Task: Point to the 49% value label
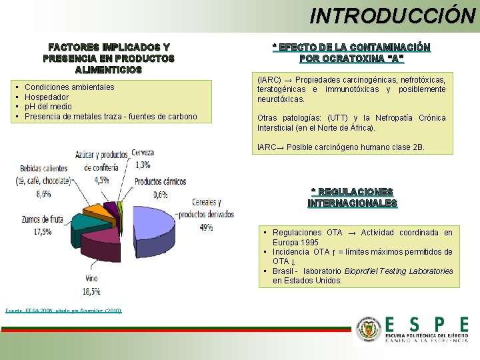point(206,227)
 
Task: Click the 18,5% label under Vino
point(91,291)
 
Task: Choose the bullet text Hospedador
point(47,97)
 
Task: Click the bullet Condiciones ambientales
point(69,87)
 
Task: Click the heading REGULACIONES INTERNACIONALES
point(352,197)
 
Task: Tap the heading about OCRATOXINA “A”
point(351,53)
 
